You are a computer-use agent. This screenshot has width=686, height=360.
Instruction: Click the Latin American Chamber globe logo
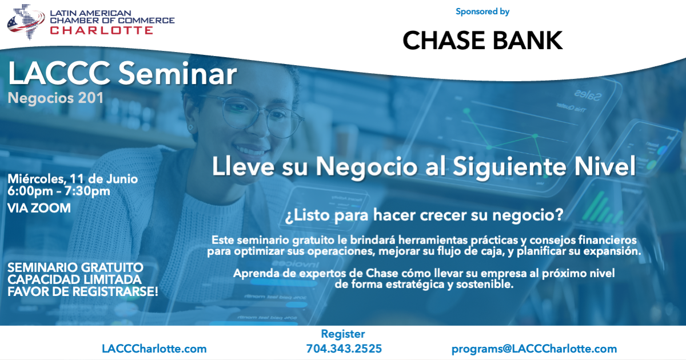coord(26,22)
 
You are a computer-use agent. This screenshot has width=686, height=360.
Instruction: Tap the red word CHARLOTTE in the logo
coord(101,30)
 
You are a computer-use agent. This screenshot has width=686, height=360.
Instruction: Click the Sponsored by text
coord(482,11)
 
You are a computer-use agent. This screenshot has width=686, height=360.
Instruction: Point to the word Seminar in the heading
coord(178,74)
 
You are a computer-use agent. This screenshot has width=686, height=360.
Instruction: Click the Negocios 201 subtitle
coord(55,98)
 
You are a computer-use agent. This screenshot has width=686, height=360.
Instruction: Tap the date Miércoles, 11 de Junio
coord(73,179)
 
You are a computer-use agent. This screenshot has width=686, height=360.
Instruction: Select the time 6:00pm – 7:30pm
coord(59,191)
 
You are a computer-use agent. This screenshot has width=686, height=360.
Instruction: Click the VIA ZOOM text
coord(39,208)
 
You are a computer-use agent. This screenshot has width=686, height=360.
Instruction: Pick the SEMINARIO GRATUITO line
coord(75,267)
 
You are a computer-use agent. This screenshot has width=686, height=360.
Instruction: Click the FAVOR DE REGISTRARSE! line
coord(83,292)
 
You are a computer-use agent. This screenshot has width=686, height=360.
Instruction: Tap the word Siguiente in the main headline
coord(509,167)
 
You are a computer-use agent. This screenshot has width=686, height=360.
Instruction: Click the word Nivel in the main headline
coord(605,166)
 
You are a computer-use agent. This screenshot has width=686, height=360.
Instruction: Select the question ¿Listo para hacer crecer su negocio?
coord(424,215)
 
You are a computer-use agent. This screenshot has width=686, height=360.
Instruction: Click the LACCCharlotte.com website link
coord(154,349)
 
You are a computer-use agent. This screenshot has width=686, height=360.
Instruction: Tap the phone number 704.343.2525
coord(344,349)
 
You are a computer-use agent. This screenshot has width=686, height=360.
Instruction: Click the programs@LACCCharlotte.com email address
coord(534,349)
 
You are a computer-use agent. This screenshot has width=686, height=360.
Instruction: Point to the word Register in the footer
coord(343,334)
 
